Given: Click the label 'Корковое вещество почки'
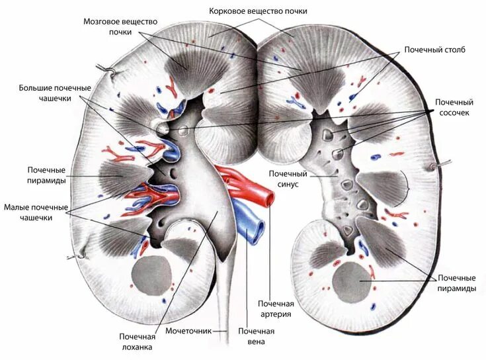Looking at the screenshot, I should point(258,11).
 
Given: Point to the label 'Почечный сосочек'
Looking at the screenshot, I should point(454,108).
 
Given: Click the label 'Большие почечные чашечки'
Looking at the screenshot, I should point(55,93).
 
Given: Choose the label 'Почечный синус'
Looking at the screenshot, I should point(284,179).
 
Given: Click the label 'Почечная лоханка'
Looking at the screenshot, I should point(136,341).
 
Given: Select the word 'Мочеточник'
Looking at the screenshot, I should point(188,330).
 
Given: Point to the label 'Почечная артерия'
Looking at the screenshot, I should point(276,308).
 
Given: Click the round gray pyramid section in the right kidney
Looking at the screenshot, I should point(351,281).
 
